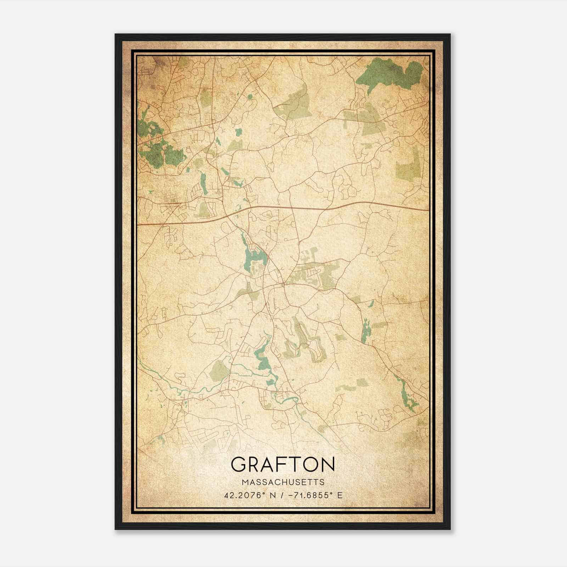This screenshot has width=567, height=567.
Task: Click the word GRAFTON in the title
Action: point(283,464)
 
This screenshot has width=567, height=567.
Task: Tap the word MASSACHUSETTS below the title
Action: point(283,482)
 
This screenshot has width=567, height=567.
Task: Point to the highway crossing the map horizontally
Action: point(319,208)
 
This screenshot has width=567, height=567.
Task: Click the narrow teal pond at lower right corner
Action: point(408,397)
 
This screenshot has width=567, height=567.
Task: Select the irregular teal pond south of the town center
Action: point(264,358)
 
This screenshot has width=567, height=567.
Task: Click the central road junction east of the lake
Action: point(283,284)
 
